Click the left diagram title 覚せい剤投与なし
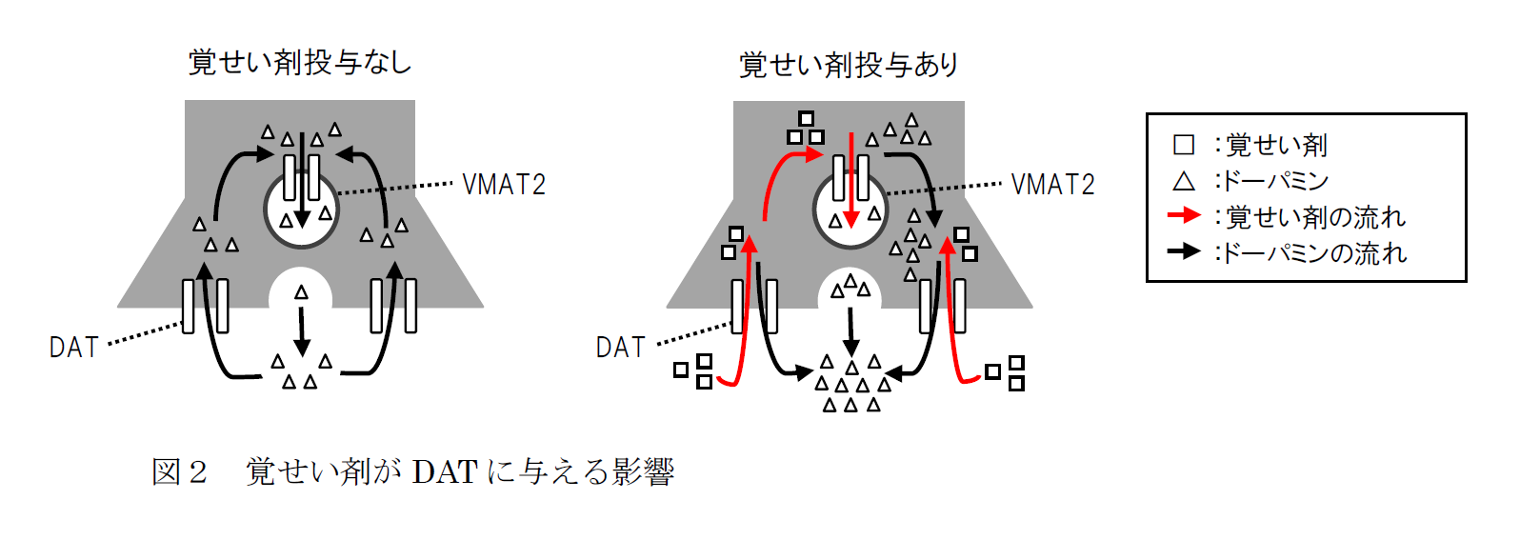coord(300,63)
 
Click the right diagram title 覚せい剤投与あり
coord(849,65)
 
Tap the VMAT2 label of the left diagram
coord(504,184)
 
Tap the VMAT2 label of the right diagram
coord(1052,184)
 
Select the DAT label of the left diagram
coord(74,348)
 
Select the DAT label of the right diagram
coord(621,348)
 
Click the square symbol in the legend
coord(1184,145)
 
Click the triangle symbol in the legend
coord(1184,181)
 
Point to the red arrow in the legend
coord(1184,216)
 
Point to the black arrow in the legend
coord(1184,251)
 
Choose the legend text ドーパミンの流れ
coord(1314,253)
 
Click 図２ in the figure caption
coord(179,471)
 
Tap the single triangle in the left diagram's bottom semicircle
coord(302,292)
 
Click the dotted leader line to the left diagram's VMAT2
coord(395,189)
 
